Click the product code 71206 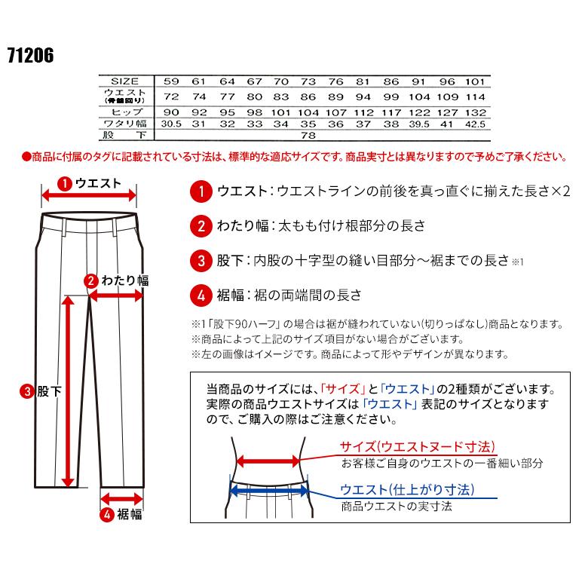[x=31, y=56]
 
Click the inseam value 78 [x=308, y=136]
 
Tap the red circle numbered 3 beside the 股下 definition [x=200, y=261]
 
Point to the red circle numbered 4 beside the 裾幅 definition [x=200, y=295]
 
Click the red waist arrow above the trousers [x=89, y=195]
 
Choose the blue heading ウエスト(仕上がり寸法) [x=407, y=490]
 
